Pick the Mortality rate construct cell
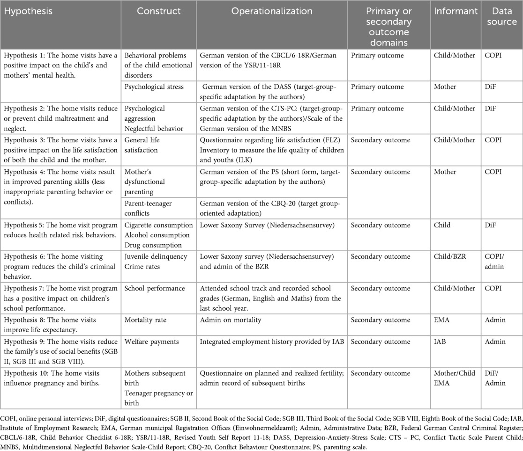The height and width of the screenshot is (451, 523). [x=146, y=320]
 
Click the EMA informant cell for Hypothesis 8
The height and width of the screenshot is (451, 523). [x=441, y=320]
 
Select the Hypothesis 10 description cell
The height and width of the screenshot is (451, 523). [x=60, y=378]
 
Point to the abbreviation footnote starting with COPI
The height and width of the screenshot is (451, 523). [x=261, y=429]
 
